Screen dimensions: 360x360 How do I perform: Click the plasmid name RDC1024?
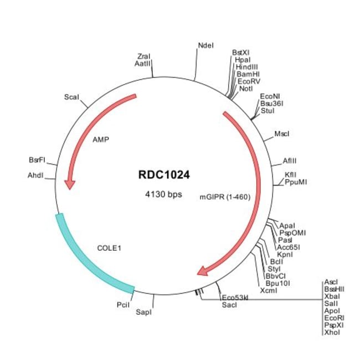(x=164, y=175)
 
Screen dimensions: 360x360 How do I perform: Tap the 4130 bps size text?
(x=164, y=194)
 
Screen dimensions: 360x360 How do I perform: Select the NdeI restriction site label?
(x=205, y=45)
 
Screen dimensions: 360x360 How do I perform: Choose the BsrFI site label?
(x=37, y=160)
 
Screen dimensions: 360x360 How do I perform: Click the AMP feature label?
(x=100, y=139)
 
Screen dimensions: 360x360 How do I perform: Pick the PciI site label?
(x=123, y=304)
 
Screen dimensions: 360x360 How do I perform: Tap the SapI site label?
(x=143, y=312)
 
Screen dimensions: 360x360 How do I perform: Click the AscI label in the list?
(x=331, y=282)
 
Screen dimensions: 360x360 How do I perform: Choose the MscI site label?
(x=282, y=134)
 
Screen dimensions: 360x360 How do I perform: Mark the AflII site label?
(x=290, y=160)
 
